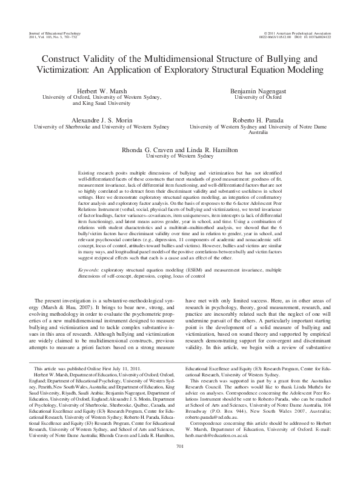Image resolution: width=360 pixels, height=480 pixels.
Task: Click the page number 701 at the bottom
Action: click(179, 464)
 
